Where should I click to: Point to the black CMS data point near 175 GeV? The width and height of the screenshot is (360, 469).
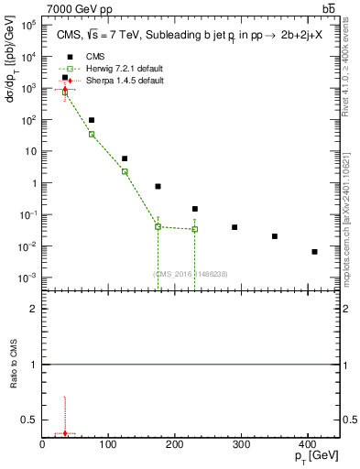click(158, 187)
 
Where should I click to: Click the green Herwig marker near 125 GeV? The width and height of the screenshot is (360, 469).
click(125, 171)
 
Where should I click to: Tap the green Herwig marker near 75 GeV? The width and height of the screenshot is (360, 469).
click(92, 135)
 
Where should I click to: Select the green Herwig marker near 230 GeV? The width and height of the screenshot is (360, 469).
click(195, 229)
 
